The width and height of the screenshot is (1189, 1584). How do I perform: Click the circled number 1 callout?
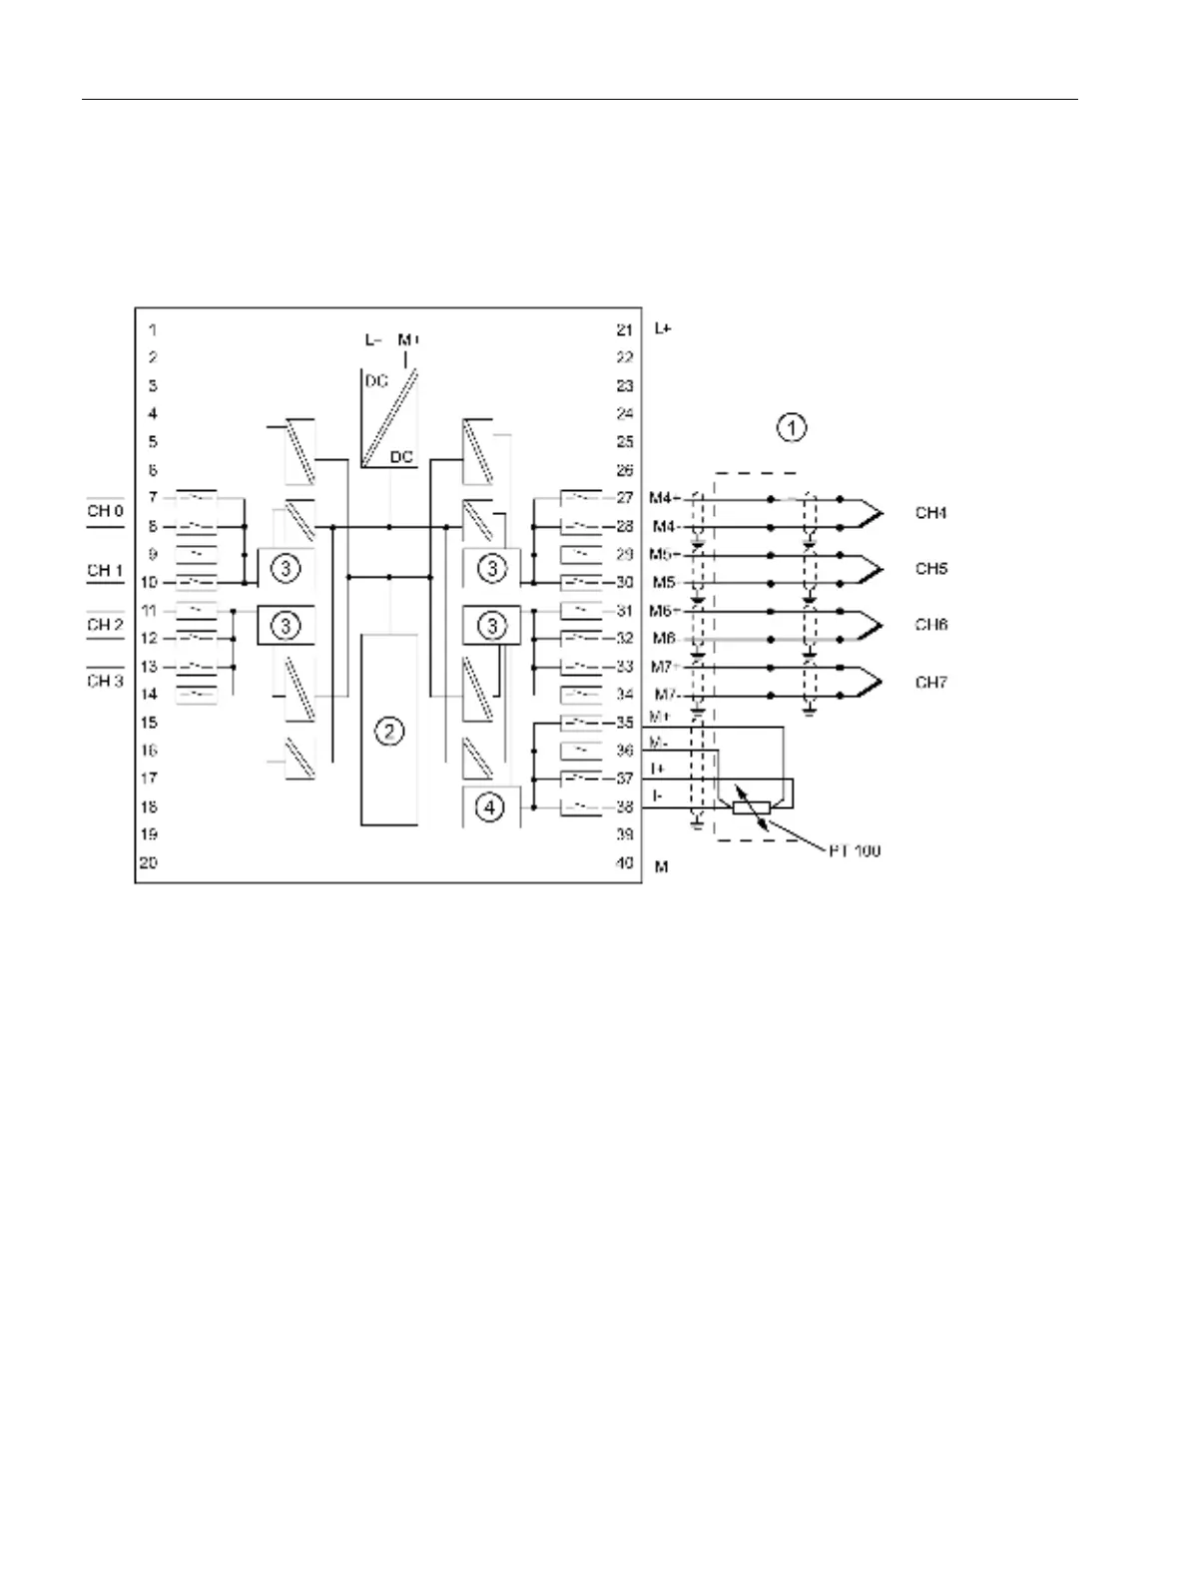pyautogui.click(x=791, y=428)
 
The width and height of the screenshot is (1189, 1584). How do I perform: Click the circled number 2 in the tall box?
pyautogui.click(x=389, y=732)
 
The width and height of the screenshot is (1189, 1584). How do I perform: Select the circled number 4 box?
pyautogui.click(x=489, y=807)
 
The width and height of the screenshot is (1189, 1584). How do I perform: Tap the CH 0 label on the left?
pyautogui.click(x=105, y=512)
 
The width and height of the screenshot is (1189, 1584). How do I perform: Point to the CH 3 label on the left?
pyautogui.click(x=105, y=681)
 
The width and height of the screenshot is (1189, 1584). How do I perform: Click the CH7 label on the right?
pyautogui.click(x=931, y=683)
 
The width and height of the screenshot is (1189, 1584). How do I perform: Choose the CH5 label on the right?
pyautogui.click(x=931, y=569)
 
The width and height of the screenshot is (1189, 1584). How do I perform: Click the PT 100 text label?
pyautogui.click(x=854, y=851)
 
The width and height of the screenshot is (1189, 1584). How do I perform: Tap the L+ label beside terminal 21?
pyautogui.click(x=663, y=327)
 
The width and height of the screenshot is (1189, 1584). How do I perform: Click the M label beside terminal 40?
pyautogui.click(x=661, y=866)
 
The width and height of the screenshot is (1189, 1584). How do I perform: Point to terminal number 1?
pyautogui.click(x=153, y=328)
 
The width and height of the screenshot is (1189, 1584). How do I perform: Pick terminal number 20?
pyautogui.click(x=148, y=862)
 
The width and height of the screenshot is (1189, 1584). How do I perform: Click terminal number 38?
pyautogui.click(x=625, y=806)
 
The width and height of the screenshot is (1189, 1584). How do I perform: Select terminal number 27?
pyautogui.click(x=625, y=497)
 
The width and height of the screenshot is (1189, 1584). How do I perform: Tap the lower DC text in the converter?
pyautogui.click(x=401, y=456)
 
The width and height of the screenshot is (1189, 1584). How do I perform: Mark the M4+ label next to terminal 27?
pyautogui.click(x=665, y=497)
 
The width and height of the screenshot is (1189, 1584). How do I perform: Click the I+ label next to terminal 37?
pyautogui.click(x=659, y=768)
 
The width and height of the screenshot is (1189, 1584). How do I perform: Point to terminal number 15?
pyautogui.click(x=148, y=722)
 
